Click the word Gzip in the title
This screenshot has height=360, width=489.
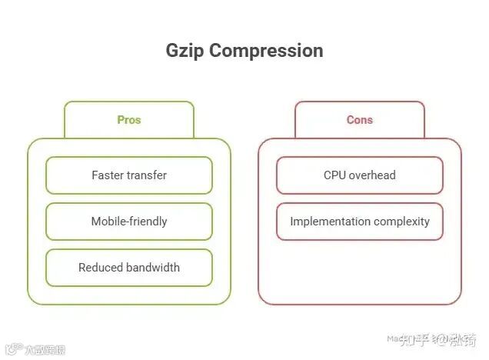click(x=185, y=51)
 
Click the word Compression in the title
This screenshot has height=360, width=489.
click(x=266, y=51)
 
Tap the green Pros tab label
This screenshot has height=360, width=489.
click(x=129, y=120)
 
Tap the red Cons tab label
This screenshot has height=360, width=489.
click(x=360, y=120)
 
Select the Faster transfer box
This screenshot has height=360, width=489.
click(x=129, y=175)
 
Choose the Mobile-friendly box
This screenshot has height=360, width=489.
click(x=129, y=222)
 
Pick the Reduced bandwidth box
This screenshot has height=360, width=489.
click(x=129, y=268)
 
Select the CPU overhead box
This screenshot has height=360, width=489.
click(x=360, y=175)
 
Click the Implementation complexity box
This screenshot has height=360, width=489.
click(x=360, y=222)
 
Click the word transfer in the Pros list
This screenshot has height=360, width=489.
click(x=148, y=175)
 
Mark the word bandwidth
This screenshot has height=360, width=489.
click(x=153, y=268)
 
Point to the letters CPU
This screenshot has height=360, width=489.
click(x=334, y=175)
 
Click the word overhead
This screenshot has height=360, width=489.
click(x=372, y=175)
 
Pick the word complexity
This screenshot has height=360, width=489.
click(x=401, y=222)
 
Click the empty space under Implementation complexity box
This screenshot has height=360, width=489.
click(x=360, y=269)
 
